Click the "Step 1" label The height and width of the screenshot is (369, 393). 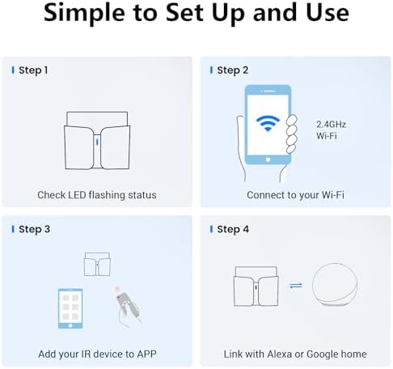click(x=33, y=70)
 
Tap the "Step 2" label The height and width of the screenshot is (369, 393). click(x=232, y=70)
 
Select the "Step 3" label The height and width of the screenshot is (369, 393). click(x=34, y=229)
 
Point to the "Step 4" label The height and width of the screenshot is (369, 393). click(x=233, y=229)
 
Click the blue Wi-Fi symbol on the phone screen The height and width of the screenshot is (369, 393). click(x=268, y=123)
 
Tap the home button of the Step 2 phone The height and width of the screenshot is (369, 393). click(x=268, y=159)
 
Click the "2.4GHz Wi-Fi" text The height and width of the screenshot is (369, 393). click(x=331, y=130)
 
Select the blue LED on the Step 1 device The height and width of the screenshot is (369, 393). click(x=97, y=142)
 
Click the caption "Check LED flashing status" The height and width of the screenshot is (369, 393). click(x=97, y=195)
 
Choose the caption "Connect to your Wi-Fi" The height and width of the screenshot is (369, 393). click(x=295, y=195)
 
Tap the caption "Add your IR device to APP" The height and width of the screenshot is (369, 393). click(x=97, y=354)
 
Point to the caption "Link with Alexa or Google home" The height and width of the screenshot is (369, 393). click(x=295, y=354)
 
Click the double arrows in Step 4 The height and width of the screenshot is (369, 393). click(x=296, y=285)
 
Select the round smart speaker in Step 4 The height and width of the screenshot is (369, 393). click(x=335, y=285)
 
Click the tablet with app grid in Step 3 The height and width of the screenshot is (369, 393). click(x=70, y=308)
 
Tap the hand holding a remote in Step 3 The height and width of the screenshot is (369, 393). click(x=127, y=307)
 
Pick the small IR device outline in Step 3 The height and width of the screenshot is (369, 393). click(x=97, y=264)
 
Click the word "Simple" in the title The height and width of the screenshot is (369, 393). click(x=84, y=13)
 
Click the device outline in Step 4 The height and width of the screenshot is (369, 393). click(x=256, y=286)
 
